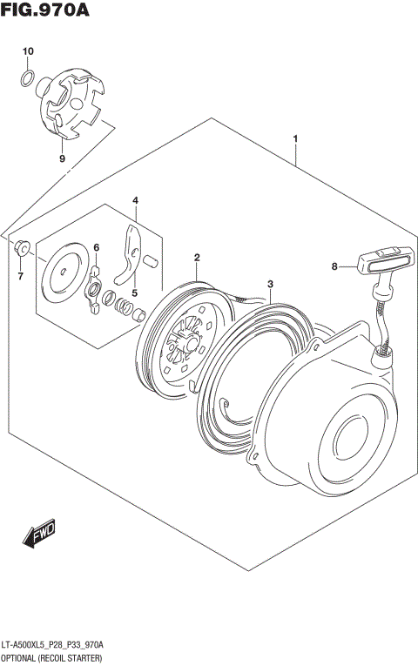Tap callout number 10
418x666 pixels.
[28, 52]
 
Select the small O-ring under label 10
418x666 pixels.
[28, 80]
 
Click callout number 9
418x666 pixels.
[62, 159]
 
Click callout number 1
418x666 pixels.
[296, 138]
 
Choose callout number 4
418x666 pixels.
[136, 201]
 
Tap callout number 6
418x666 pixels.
[97, 247]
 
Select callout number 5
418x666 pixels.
[134, 293]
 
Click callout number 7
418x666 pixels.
[22, 277]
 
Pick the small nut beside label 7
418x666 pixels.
[23, 248]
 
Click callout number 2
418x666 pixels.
[198, 258]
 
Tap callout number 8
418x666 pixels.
[334, 267]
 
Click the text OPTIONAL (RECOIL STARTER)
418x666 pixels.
[54, 657]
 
